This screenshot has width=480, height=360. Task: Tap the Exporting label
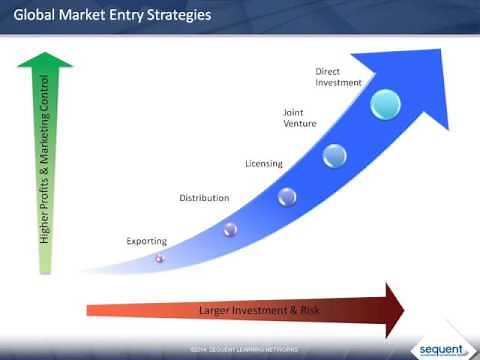click(x=148, y=241)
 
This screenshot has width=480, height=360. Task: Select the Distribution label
click(x=204, y=198)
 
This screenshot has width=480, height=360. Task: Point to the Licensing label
click(x=264, y=163)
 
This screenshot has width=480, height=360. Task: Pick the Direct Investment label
click(x=336, y=78)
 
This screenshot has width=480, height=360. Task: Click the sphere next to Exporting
click(x=160, y=259)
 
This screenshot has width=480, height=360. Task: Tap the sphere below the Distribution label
click(x=230, y=231)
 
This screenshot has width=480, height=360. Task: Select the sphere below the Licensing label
click(x=287, y=196)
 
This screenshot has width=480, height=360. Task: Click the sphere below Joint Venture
click(x=335, y=156)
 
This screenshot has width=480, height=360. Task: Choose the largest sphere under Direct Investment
click(x=385, y=105)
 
